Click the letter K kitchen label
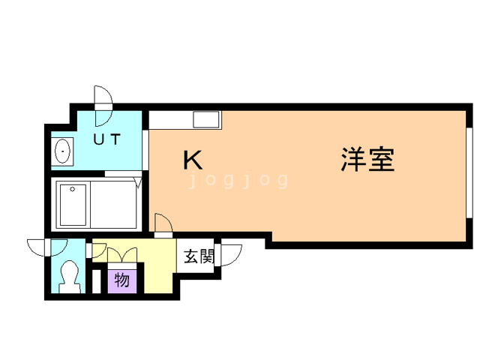point(193,160)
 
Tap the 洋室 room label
point(367,160)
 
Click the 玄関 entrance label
point(199,256)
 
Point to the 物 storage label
point(122,281)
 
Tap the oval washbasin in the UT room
point(62,152)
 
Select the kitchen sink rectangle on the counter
point(205,119)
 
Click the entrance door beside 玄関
point(229,255)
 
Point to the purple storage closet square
point(122,281)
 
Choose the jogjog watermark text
point(238,181)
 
